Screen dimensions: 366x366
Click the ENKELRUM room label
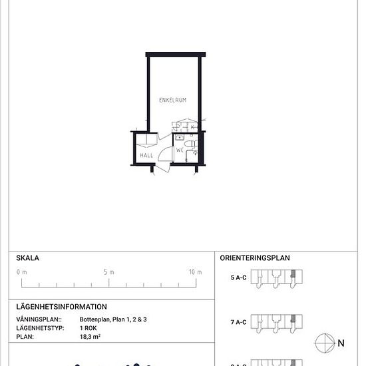[172, 100]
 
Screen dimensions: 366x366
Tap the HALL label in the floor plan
[146, 156]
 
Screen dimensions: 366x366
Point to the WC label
[180, 150]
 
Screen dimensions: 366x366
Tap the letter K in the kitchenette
[192, 126]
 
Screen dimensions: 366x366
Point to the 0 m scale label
[22, 272]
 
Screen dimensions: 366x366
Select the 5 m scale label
[109, 272]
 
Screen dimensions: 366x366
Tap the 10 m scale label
[195, 272]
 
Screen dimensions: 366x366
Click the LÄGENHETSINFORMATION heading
[61, 307]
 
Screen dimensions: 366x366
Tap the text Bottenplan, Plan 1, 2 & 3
[113, 320]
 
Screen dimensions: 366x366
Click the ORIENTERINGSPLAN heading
[255, 258]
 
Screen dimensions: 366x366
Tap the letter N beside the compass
[341, 343]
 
